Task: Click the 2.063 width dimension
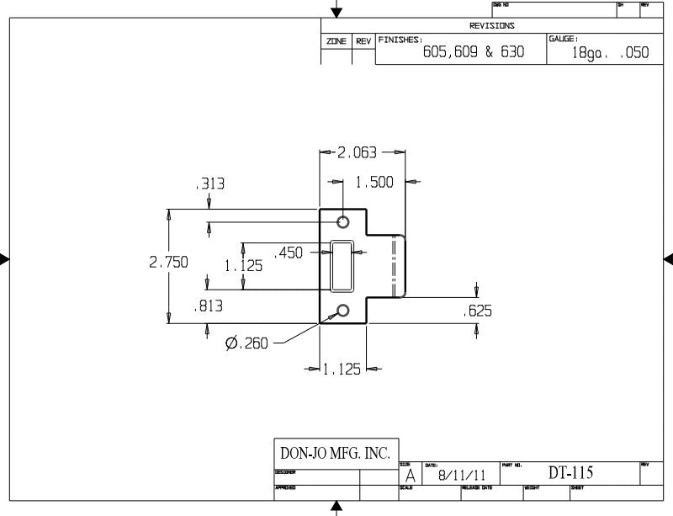[357, 153]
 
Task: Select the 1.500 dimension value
[374, 182]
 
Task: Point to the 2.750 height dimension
[168, 262]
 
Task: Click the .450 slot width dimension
[289, 252]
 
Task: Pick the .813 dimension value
[208, 306]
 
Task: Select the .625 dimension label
[477, 311]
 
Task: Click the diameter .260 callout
[246, 343]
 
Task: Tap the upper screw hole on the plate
[343, 221]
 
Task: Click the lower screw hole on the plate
[343, 311]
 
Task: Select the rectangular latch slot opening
[342, 265]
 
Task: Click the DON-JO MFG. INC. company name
[335, 454]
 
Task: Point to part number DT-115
[570, 474]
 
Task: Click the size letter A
[410, 476]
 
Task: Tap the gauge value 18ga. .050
[610, 52]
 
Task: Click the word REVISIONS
[492, 26]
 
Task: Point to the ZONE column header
[336, 41]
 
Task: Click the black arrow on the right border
[668, 258]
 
